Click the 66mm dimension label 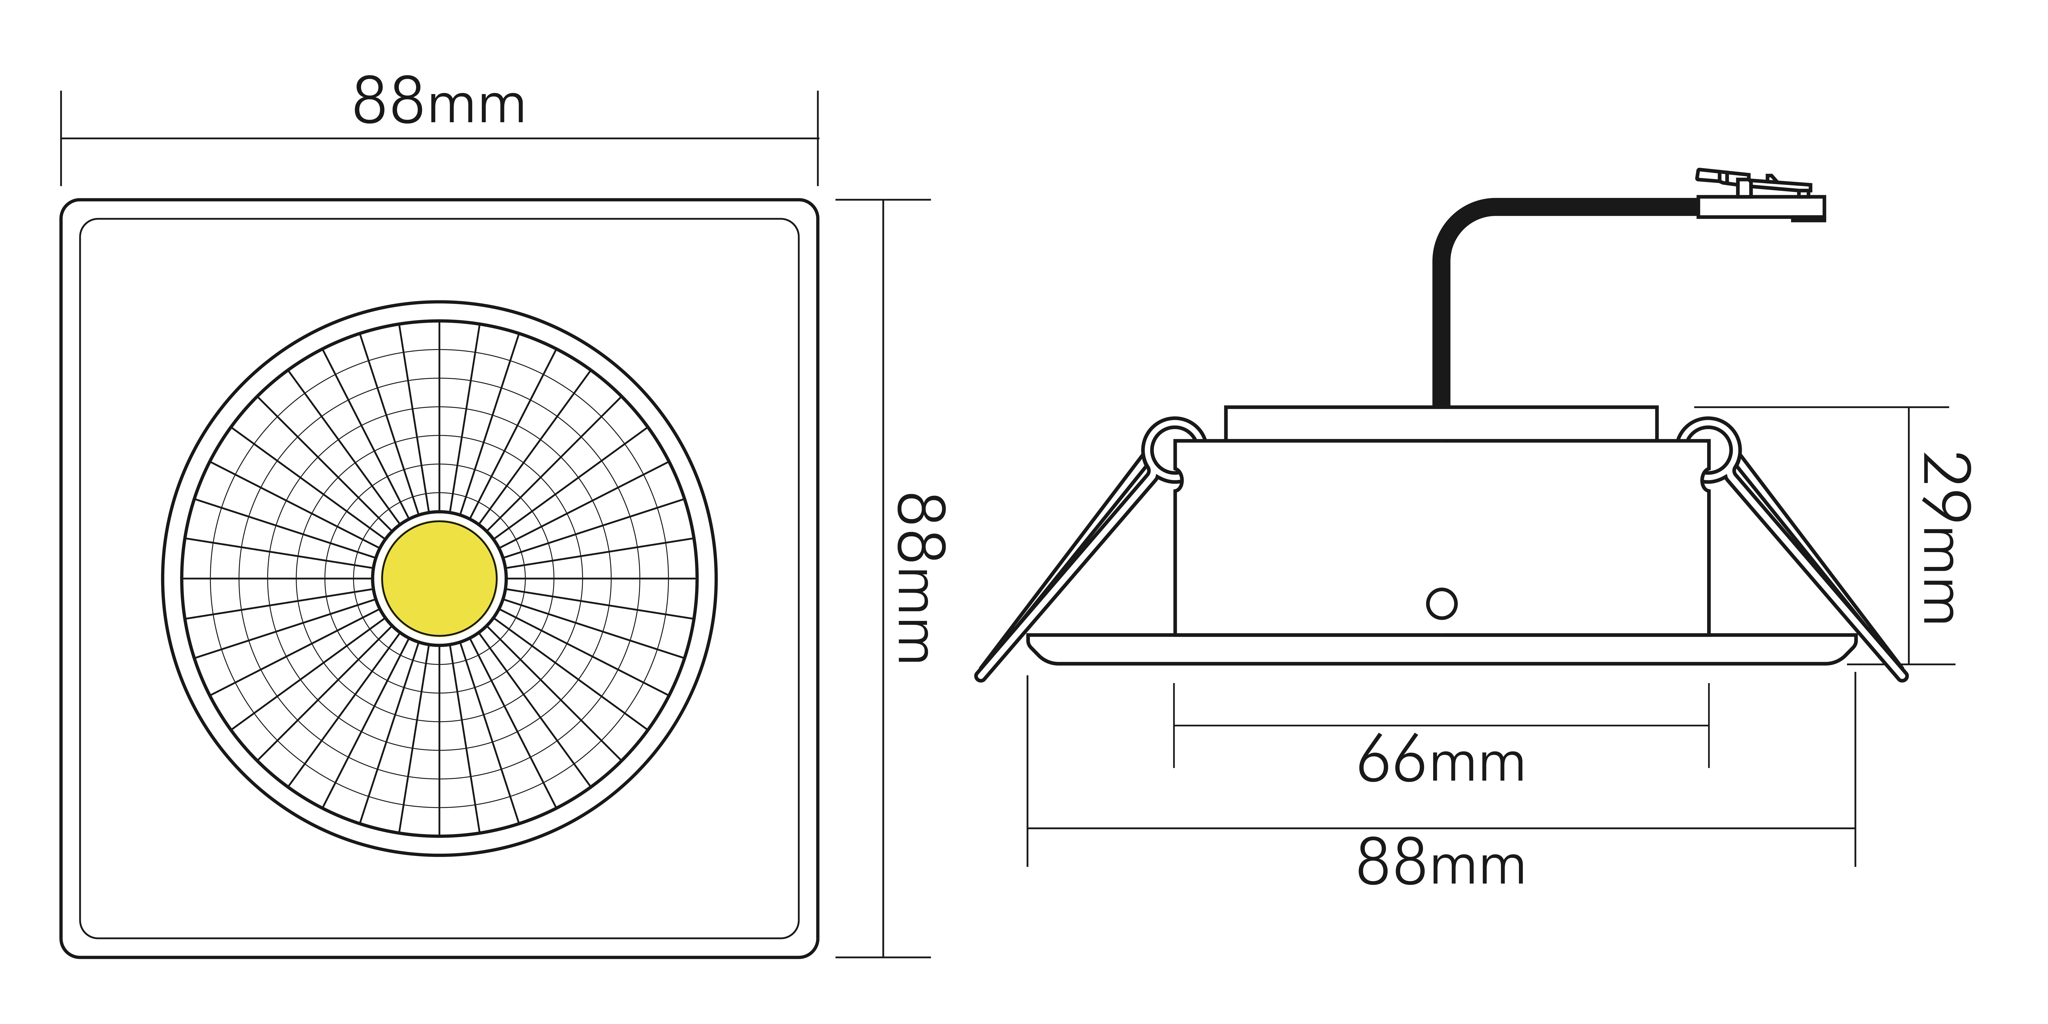1441,759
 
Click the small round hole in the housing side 1441,603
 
